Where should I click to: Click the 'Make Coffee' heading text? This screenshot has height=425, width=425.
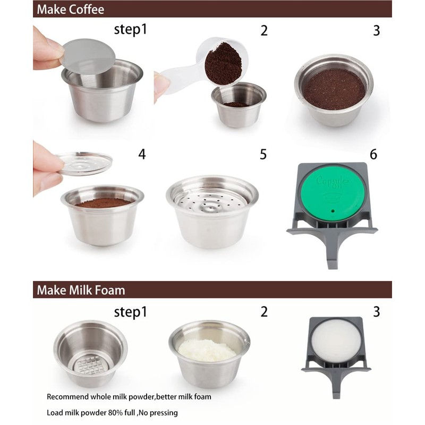(x=70, y=9)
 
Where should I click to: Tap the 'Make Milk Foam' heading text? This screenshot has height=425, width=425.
(x=81, y=290)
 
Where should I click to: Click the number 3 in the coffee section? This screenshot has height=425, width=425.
(x=376, y=31)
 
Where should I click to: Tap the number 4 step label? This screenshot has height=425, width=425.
(x=142, y=155)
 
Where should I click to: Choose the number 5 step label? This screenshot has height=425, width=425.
(x=263, y=155)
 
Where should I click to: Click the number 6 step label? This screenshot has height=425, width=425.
(x=373, y=155)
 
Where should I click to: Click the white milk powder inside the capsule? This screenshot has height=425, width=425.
(x=207, y=350)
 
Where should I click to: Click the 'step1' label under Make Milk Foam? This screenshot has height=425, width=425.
(x=130, y=312)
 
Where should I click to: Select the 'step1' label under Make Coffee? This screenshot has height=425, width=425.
(x=130, y=30)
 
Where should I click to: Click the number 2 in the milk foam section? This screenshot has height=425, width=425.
(x=264, y=312)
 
